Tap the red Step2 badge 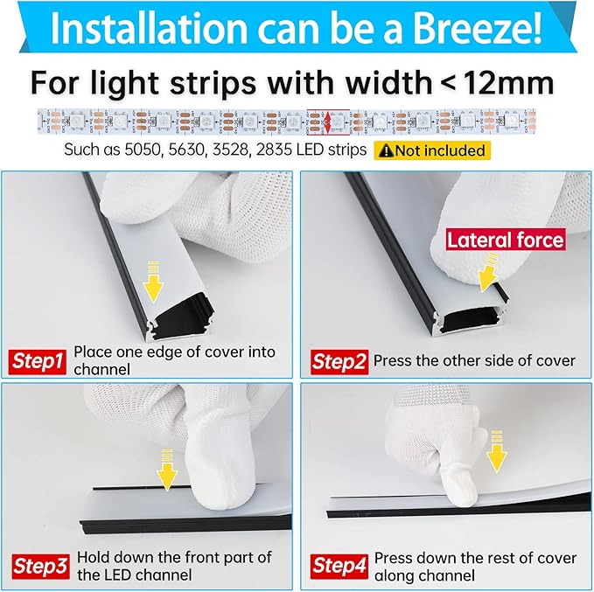tap(338, 360)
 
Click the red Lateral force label tap(505, 240)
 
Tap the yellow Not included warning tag tap(432, 150)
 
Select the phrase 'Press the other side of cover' tap(474, 360)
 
